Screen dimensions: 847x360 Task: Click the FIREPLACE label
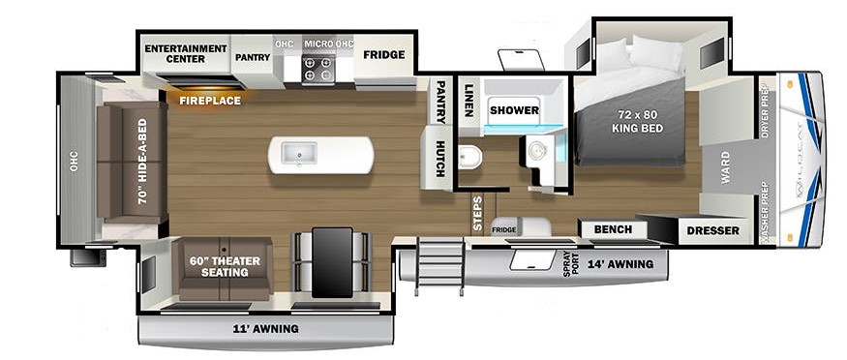210,101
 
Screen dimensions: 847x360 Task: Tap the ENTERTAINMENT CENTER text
185,53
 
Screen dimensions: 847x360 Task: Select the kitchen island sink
298,155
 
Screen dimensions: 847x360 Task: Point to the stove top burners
318,69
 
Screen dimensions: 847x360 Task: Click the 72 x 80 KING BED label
637,121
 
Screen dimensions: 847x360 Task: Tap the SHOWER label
514,110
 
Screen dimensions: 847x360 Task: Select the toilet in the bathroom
469,157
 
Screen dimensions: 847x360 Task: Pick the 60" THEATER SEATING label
225,267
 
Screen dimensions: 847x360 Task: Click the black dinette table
332,261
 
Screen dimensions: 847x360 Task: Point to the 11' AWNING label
266,328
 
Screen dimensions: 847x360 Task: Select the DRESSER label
713,231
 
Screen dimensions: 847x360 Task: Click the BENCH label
613,229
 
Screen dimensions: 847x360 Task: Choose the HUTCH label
440,159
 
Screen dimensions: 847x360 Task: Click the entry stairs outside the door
440,267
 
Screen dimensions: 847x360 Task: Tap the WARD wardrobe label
725,167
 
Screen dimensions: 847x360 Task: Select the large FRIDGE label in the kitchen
384,54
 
